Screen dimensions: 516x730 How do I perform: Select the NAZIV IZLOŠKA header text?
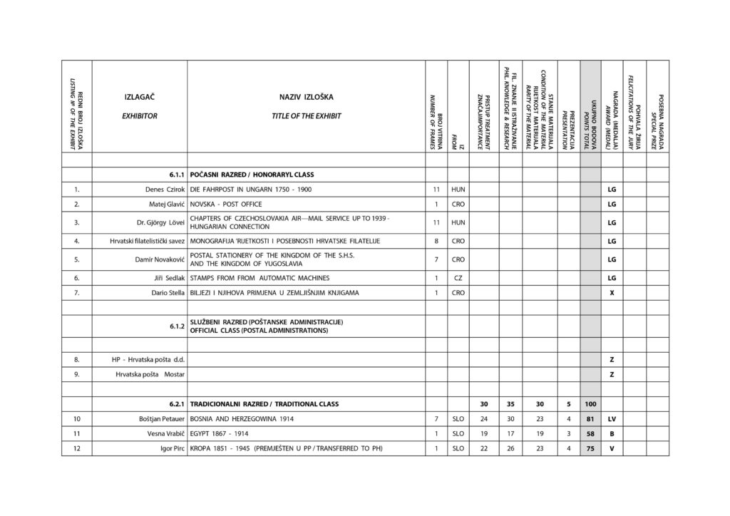307,96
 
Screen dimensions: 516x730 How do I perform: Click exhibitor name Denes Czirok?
165,190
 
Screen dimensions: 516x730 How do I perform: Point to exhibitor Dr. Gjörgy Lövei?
161,222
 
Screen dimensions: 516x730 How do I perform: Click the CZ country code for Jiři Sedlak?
458,277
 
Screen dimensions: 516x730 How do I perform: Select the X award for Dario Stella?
612,293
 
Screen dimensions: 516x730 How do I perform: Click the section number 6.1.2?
178,326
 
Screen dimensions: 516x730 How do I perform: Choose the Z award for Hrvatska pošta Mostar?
612,374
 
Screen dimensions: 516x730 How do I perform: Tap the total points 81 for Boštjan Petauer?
590,419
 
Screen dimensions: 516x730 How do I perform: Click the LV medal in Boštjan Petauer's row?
612,419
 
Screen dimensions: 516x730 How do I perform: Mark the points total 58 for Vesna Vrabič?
590,434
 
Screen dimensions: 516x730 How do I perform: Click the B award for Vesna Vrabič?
612,434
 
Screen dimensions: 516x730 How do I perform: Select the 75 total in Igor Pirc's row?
590,449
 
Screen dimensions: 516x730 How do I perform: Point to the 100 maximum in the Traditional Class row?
590,404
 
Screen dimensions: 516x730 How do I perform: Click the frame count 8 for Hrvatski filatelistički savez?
436,241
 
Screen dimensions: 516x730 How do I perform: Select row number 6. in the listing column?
76,277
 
